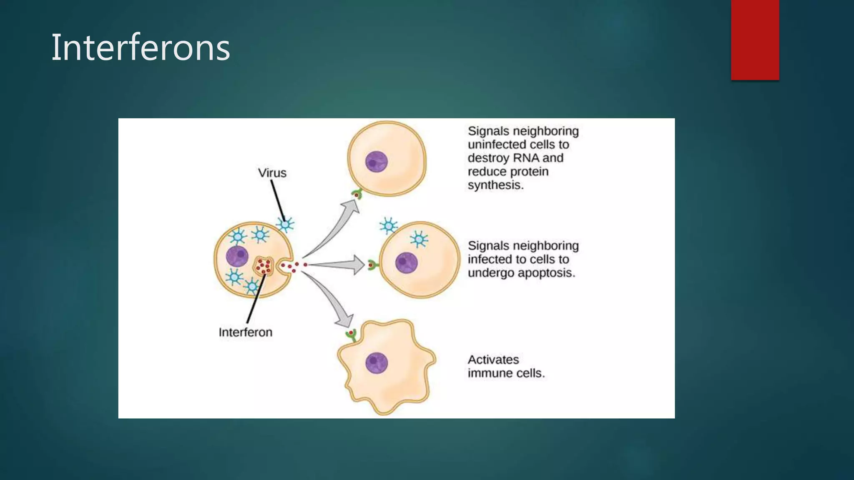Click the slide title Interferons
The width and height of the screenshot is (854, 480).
pos(141,47)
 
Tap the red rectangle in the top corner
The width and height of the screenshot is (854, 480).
pos(755,40)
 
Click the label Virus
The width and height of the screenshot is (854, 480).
pos(272,173)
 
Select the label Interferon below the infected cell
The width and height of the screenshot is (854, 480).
pos(245,332)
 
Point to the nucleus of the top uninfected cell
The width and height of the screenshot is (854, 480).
pos(376,162)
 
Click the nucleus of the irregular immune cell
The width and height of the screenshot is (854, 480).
pos(376,363)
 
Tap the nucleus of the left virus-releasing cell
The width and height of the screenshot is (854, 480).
pos(237,256)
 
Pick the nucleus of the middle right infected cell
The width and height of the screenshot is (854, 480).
pos(406,263)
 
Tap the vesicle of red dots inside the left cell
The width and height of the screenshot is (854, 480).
pos(264,266)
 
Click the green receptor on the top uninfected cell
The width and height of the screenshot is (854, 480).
pos(357,194)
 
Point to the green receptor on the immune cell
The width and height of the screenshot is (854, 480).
pos(352,334)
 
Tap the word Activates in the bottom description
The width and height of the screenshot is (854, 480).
pos(493,360)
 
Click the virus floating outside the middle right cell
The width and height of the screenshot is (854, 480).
pos(388,226)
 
